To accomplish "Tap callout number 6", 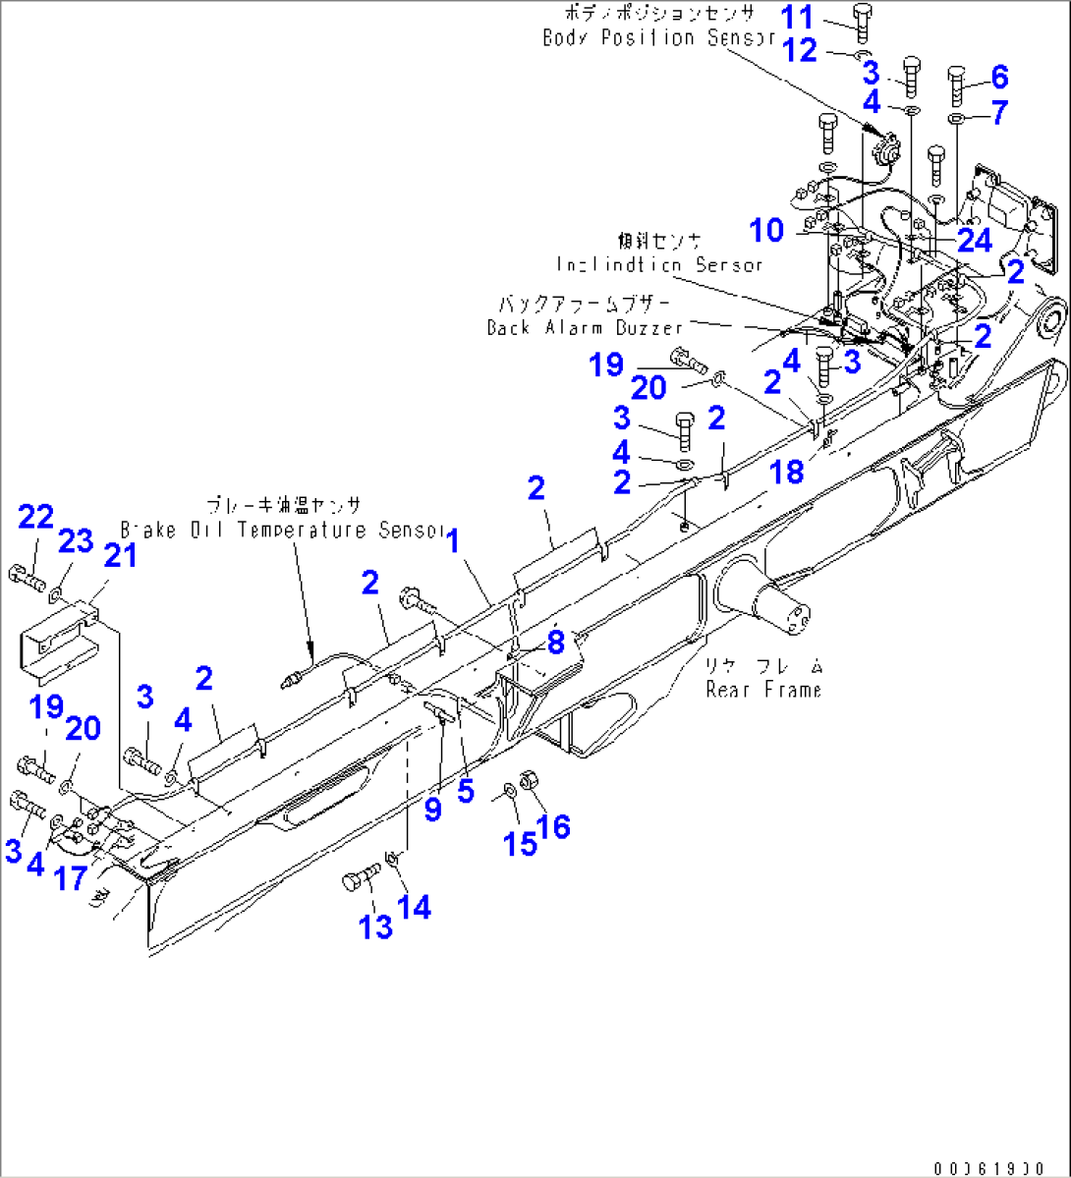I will pos(999,76).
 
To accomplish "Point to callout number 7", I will pos(999,112).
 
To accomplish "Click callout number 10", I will pos(766,230).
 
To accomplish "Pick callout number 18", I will pos(786,472).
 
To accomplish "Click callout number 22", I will pos(35,517).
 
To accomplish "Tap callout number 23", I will pos(76,540).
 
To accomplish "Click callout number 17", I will pos(71,877).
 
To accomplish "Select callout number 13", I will pos(375,926).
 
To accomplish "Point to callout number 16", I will pos(553,826).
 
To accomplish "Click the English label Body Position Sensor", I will pos(659,37).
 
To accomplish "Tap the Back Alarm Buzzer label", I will pos(585,327).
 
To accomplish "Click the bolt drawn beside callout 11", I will pos(862,22).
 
